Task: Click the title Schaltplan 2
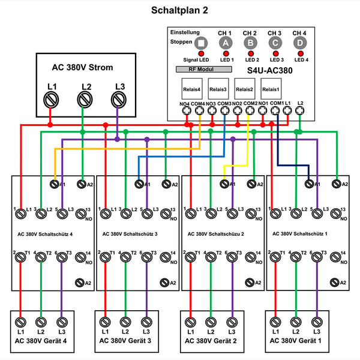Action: pyautogui.click(x=179, y=10)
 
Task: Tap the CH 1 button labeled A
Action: pyautogui.click(x=226, y=43)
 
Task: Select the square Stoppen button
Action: pyautogui.click(x=201, y=43)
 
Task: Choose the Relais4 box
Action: pyautogui.click(x=191, y=89)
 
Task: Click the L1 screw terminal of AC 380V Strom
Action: pyautogui.click(x=52, y=99)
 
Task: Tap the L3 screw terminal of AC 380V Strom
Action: pyautogui.click(x=119, y=99)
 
